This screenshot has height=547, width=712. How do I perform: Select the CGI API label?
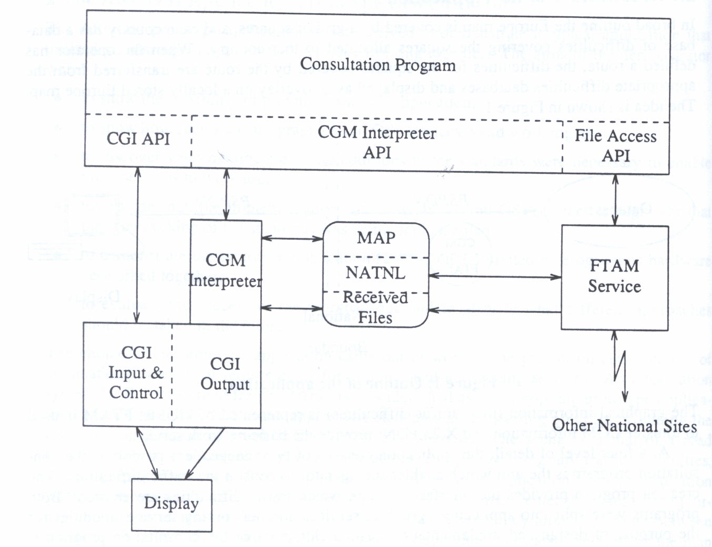[138, 138]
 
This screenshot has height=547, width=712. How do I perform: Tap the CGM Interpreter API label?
[377, 143]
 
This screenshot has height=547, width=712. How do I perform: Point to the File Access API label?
[615, 145]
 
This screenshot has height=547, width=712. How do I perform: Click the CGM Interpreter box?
[226, 271]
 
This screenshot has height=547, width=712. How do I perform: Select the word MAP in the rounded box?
[376, 237]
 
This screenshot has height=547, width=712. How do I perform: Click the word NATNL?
[375, 273]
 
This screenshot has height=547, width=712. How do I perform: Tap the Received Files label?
[375, 307]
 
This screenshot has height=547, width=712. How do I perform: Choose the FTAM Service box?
[614, 276]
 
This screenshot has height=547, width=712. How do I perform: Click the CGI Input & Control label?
[136, 373]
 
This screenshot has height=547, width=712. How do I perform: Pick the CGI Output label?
[225, 374]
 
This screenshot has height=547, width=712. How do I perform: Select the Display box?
[171, 504]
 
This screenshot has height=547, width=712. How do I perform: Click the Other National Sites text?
[624, 425]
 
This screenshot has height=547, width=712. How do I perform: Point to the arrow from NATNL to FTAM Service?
[494, 276]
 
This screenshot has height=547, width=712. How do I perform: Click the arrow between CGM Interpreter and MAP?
[292, 238]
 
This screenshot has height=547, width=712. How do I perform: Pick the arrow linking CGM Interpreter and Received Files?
[292, 307]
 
